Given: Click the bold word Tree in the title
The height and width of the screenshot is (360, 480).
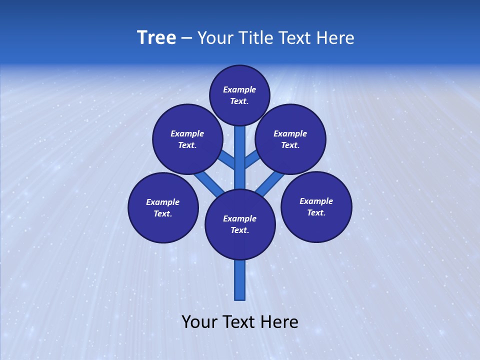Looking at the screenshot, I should point(156,38).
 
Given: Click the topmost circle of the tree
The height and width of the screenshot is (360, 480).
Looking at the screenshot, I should point(239,95).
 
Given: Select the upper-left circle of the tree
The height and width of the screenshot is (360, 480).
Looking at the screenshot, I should point(187,139).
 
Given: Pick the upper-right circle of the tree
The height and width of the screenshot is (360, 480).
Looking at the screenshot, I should point(290,139).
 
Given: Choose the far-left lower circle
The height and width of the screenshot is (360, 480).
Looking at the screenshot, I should point(163,207).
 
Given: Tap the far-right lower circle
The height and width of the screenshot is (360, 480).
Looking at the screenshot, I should point(316,206).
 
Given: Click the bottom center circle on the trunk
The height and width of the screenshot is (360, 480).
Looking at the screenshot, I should point(240,224).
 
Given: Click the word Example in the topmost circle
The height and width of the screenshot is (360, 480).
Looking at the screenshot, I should point(239,90).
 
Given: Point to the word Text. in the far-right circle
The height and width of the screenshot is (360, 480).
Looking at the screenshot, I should point(316,212).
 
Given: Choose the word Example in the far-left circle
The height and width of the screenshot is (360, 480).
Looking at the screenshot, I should point(162,202).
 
